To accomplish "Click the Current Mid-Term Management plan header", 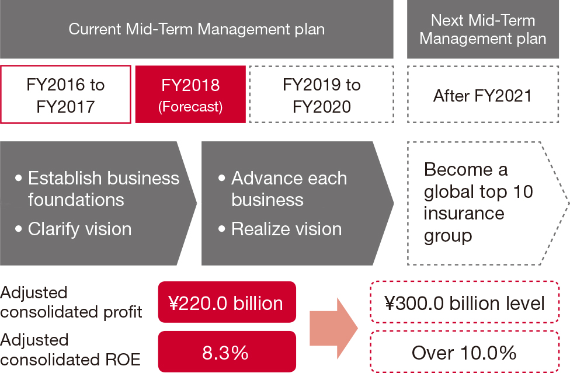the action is point(197,29).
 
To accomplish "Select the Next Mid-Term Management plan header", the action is point(483,29).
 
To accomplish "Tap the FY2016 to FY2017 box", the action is point(65,95).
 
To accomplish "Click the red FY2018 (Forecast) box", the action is point(190,95).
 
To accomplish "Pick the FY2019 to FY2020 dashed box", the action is point(322,95).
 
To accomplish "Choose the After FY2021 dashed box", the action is point(483,95).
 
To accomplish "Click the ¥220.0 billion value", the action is point(227,302).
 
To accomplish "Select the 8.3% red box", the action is point(227,351).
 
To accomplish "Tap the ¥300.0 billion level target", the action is point(464,302).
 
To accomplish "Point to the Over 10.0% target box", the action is point(464,351).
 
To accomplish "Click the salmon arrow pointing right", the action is point(333,328).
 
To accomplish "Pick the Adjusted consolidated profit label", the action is point(71,302).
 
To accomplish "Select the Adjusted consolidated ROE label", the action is point(70,350).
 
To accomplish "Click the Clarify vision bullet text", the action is point(79,229).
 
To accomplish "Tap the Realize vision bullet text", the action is point(286,229).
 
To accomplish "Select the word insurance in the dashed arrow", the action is point(464,213).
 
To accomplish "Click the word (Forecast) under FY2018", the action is point(190,107).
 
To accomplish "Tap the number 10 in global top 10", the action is point(523,192).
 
